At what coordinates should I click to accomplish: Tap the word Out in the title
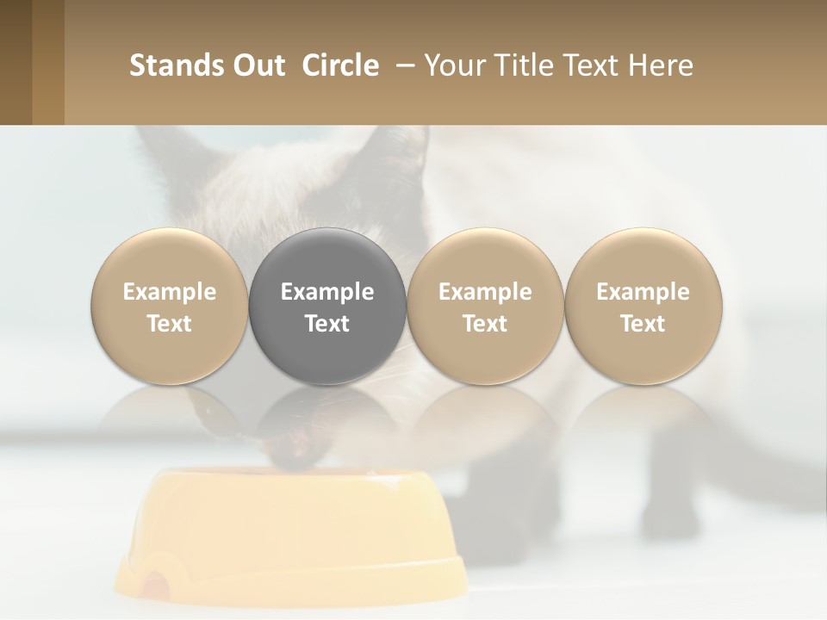[252, 65]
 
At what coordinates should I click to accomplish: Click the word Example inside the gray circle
[327, 292]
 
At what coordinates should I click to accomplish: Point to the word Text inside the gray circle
[327, 324]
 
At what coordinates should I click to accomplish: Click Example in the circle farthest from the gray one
[643, 292]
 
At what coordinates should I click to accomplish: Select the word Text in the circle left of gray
[170, 324]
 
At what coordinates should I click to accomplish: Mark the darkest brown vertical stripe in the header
[16, 62]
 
